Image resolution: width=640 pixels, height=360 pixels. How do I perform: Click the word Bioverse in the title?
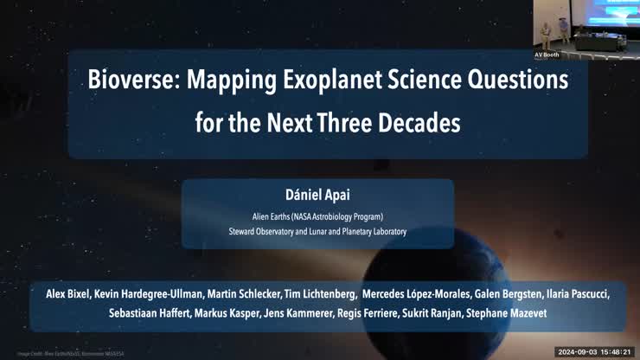click(x=132, y=80)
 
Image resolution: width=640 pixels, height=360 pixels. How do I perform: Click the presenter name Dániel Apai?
click(x=317, y=195)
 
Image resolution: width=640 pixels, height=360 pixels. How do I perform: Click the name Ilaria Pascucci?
click(x=578, y=294)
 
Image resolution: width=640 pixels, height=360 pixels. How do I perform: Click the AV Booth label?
click(x=547, y=55)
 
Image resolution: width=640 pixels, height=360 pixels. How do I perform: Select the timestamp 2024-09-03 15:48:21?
click(x=594, y=352)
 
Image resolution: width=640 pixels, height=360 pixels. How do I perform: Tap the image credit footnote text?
click(x=71, y=353)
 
